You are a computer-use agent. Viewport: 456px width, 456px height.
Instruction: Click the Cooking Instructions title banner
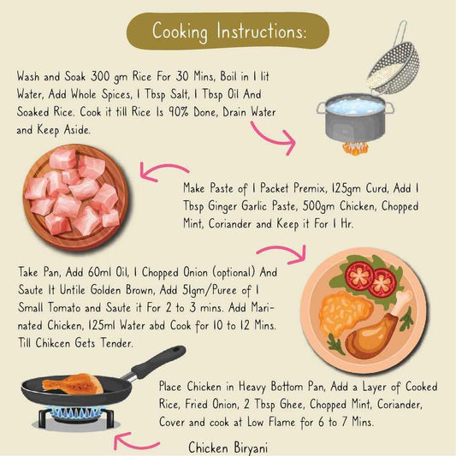228,31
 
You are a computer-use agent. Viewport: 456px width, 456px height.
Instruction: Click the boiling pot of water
352,120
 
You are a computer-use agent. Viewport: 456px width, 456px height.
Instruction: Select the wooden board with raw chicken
73,192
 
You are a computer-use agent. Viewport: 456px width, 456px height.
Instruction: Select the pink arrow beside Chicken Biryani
138,441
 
